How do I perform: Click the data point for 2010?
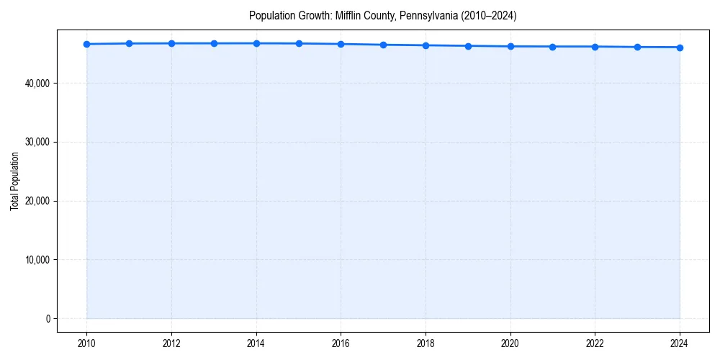[86, 44]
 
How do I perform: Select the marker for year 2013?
[214, 43]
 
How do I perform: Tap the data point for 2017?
[383, 45]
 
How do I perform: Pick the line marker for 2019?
[468, 46]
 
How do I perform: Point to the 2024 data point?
[680, 48]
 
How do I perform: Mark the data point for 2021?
[552, 47]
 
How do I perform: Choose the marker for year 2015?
[299, 43]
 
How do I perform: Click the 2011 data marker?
[129, 43]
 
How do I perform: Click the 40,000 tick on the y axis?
[37, 84]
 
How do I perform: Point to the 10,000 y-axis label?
[37, 260]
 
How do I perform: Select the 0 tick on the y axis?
[47, 319]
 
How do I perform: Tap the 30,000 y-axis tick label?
[37, 142]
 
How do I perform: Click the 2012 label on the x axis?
[171, 343]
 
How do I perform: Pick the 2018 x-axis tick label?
[426, 343]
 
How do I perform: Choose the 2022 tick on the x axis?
[595, 343]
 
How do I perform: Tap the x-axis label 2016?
[341, 343]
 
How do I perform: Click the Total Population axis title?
[14, 181]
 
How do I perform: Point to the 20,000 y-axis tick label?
[37, 201]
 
